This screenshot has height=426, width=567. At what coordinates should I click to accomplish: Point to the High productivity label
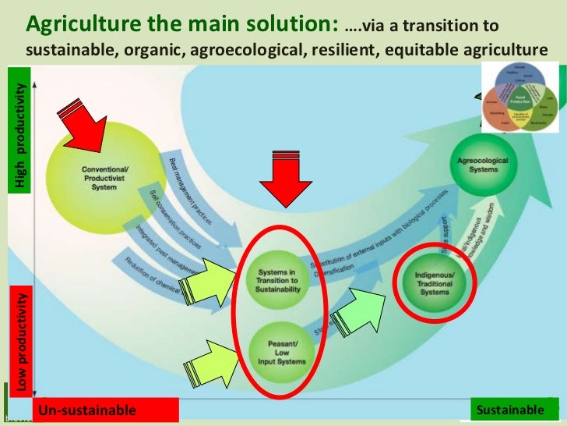point(21,136)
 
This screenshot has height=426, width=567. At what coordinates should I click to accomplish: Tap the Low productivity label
point(22,340)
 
